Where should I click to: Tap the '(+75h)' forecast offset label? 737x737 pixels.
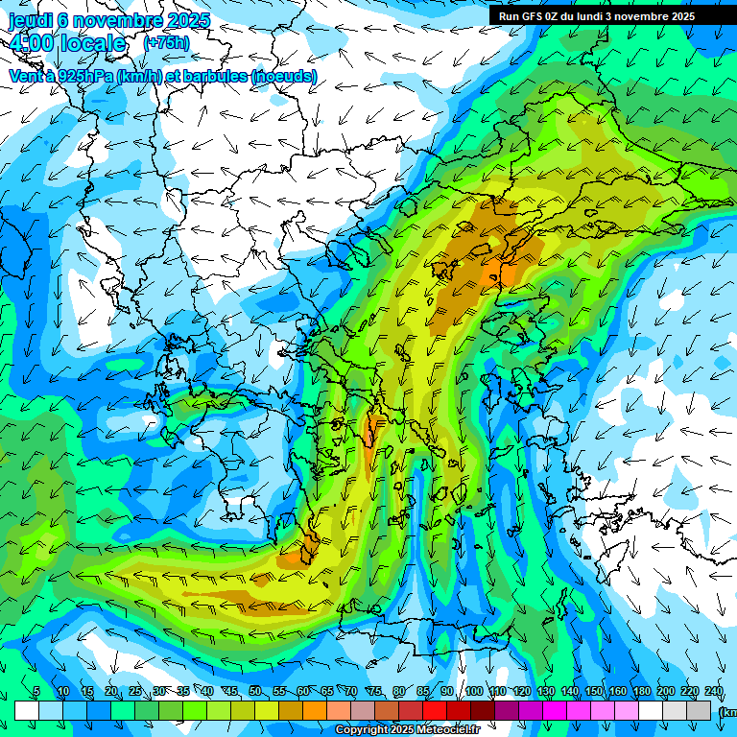tap(165, 43)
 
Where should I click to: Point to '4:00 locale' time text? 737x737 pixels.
tap(67, 44)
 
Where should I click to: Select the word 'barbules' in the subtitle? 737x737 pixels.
tap(216, 75)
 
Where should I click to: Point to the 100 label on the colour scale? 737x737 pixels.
tap(474, 691)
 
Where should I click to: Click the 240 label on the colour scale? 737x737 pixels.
tap(713, 691)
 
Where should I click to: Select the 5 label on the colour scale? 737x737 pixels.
tap(36, 691)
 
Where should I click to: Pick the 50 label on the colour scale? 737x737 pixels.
tap(254, 691)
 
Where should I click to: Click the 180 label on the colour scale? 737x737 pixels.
tap(641, 691)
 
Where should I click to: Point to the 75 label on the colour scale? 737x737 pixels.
tap(375, 691)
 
